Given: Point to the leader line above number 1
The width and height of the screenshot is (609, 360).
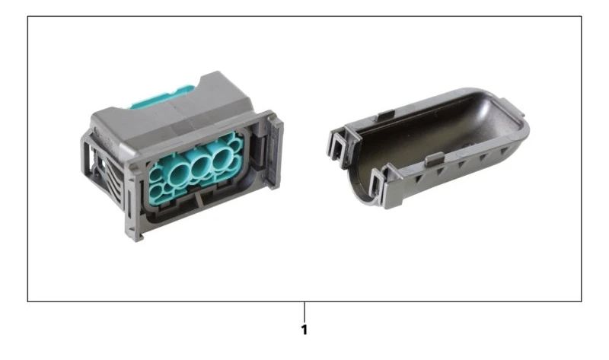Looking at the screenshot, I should [304, 311].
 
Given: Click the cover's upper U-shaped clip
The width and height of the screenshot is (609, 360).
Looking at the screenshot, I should [343, 142].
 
